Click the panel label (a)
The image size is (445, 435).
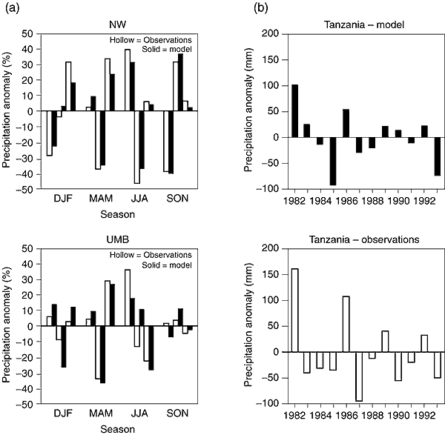[11, 7]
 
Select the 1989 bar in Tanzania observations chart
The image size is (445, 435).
[386, 342]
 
